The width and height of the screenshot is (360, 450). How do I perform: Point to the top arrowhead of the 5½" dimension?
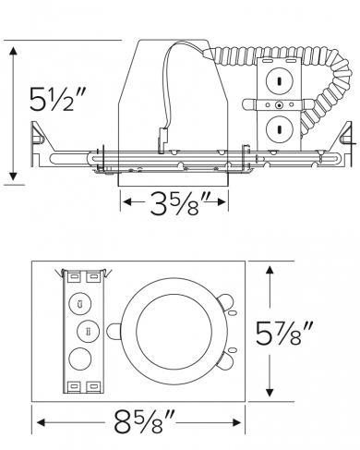[12, 48]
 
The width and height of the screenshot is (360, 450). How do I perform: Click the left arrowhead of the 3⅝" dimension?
[126, 202]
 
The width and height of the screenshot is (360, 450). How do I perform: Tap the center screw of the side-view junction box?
[278, 105]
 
